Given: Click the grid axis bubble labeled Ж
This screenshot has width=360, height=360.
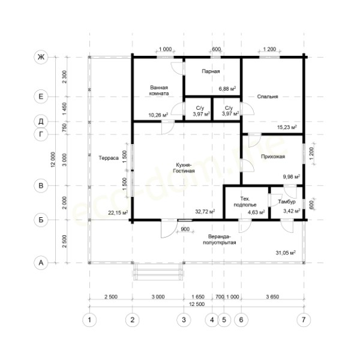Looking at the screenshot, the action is [41, 57].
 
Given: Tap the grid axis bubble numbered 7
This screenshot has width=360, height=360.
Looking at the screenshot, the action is [304, 320].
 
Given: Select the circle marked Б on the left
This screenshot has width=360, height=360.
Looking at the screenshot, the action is [41, 220].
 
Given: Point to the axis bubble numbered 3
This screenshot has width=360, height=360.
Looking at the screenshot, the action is [184, 320].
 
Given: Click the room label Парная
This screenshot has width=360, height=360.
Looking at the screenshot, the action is [211, 71].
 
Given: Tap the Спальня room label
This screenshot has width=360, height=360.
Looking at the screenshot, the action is [268, 97].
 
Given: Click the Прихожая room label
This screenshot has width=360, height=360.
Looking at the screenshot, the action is [273, 157].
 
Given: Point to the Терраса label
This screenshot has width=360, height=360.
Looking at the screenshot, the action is [109, 158].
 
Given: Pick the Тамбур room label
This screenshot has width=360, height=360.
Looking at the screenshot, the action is [287, 202].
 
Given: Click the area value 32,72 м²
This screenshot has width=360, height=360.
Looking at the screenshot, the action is [205, 211].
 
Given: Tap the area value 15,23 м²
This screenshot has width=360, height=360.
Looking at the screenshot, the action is [287, 127].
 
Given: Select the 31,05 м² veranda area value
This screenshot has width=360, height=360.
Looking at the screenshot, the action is [286, 253].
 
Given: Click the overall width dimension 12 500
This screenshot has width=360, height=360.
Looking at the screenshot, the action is [197, 304].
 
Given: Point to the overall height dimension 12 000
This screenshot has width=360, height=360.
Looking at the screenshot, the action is [53, 160].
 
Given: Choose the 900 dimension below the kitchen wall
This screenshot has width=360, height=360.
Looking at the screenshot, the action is [185, 229].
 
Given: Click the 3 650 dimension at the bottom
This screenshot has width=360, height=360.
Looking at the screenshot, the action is [272, 296].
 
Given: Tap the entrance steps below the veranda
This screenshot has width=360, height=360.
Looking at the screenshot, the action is [158, 272].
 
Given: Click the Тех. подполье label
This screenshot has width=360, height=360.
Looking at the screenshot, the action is [245, 202].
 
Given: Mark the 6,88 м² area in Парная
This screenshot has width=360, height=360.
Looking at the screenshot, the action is [227, 88].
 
